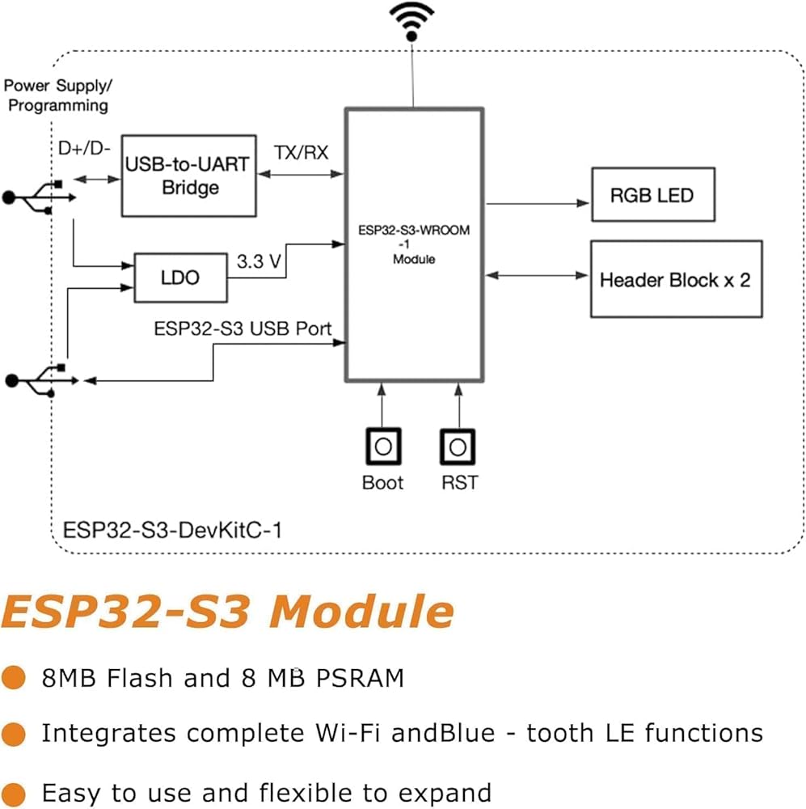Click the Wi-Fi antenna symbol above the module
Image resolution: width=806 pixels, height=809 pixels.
(411, 22)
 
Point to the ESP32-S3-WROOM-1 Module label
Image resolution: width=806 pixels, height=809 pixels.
(414, 244)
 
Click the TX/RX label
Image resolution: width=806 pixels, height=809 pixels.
(302, 153)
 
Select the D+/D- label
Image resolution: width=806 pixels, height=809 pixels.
(84, 149)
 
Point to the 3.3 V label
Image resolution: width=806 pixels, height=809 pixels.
(259, 261)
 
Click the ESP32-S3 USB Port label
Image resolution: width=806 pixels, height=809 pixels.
(243, 328)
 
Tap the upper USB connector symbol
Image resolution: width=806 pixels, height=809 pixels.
(39, 197)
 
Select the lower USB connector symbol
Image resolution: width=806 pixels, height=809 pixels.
(42, 381)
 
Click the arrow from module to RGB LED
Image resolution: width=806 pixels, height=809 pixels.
(538, 203)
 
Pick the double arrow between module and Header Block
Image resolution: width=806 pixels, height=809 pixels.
(537, 276)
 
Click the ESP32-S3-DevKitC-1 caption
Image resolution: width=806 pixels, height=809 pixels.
(172, 531)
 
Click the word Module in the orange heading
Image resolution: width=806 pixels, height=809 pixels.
(361, 612)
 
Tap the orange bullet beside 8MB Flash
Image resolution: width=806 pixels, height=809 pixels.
(14, 677)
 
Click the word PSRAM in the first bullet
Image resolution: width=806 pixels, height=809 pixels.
(360, 678)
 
